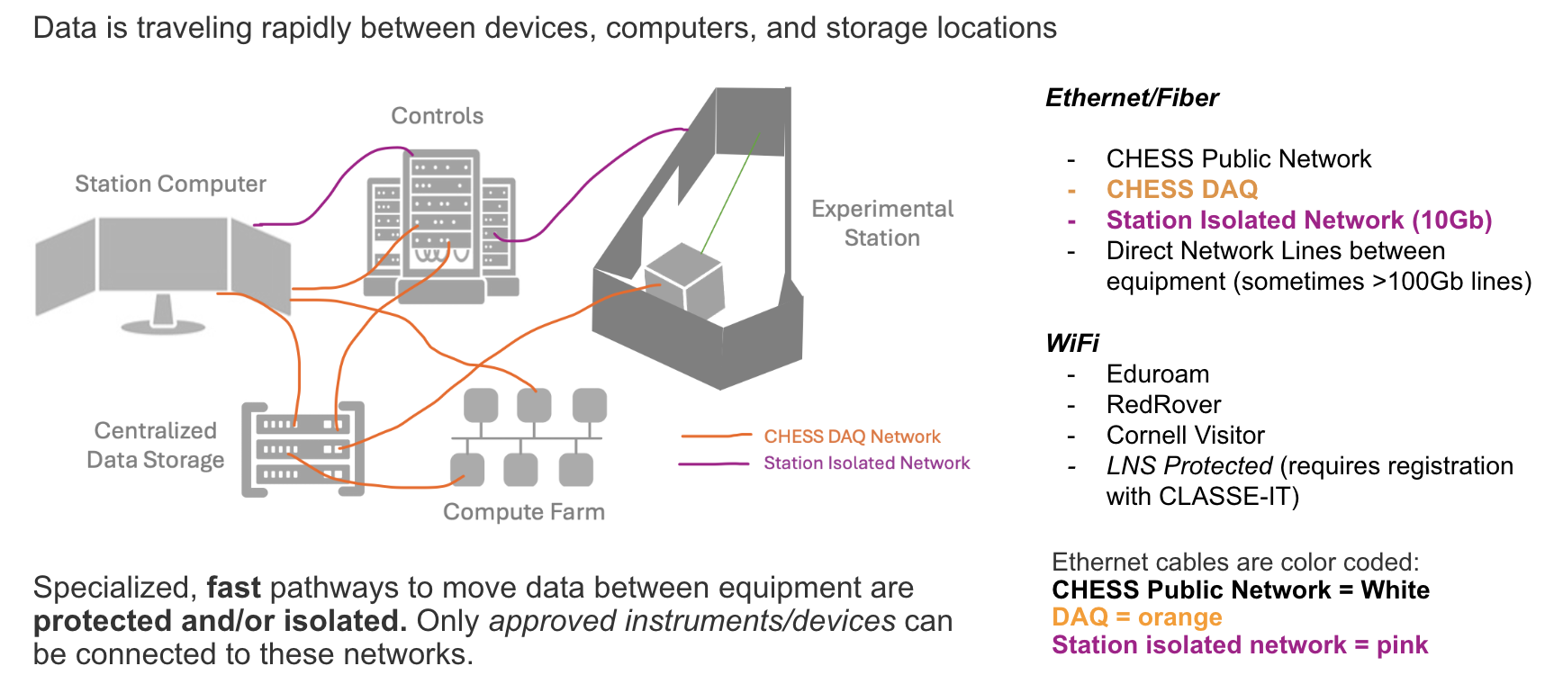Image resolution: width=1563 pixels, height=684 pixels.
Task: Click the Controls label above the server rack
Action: click(x=437, y=116)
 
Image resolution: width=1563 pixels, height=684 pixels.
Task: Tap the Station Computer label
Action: click(x=170, y=184)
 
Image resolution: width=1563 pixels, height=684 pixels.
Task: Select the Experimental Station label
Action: click(x=881, y=223)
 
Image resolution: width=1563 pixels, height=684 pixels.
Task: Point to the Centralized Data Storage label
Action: click(x=155, y=445)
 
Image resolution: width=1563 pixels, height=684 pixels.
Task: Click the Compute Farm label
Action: click(x=523, y=512)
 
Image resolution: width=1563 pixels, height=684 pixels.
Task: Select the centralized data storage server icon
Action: click(x=303, y=449)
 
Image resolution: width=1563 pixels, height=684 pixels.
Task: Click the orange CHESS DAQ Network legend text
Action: click(x=852, y=436)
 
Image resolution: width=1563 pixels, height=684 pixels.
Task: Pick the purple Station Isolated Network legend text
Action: click(x=866, y=463)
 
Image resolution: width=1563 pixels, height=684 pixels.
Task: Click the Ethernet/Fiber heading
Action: click(x=1132, y=98)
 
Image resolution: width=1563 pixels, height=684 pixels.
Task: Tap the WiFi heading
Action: click(x=1072, y=343)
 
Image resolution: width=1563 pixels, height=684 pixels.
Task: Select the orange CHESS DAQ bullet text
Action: click(x=1181, y=190)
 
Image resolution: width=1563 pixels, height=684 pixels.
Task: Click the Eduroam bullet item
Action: click(x=1157, y=374)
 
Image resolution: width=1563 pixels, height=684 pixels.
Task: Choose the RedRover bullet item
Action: click(x=1163, y=405)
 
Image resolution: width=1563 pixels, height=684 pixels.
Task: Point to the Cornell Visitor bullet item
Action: click(x=1185, y=436)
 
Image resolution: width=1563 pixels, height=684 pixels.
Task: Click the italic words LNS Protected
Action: click(x=1188, y=466)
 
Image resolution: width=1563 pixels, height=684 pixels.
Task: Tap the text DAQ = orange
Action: click(x=1136, y=617)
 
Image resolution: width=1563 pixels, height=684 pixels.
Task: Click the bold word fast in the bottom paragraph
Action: click(x=233, y=588)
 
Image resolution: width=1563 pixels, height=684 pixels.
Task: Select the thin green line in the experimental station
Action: click(x=729, y=193)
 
